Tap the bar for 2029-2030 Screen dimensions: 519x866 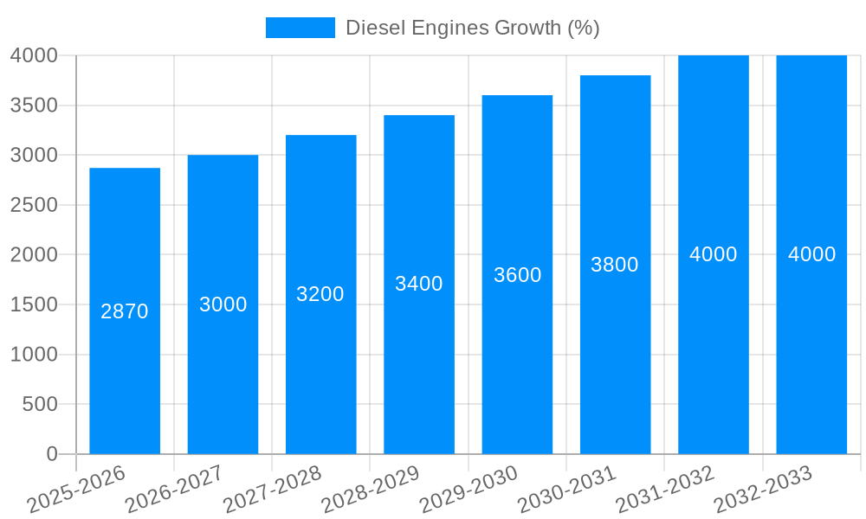click(x=517, y=363)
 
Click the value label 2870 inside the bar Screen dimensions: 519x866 click(x=125, y=311)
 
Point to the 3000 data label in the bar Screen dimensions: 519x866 click(x=223, y=304)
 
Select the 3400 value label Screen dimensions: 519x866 click(x=419, y=284)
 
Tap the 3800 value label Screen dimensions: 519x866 click(x=615, y=265)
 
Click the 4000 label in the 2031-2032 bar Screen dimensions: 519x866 click(x=714, y=254)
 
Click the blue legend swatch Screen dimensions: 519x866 click(x=300, y=28)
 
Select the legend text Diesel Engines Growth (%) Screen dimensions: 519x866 click(x=472, y=28)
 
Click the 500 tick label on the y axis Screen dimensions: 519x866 click(x=40, y=404)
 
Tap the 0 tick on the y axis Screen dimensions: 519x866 click(x=51, y=454)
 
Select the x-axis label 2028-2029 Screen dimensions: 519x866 click(x=371, y=490)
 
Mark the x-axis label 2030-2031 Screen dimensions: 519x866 click(x=567, y=490)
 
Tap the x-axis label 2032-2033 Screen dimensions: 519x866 click(x=763, y=490)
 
